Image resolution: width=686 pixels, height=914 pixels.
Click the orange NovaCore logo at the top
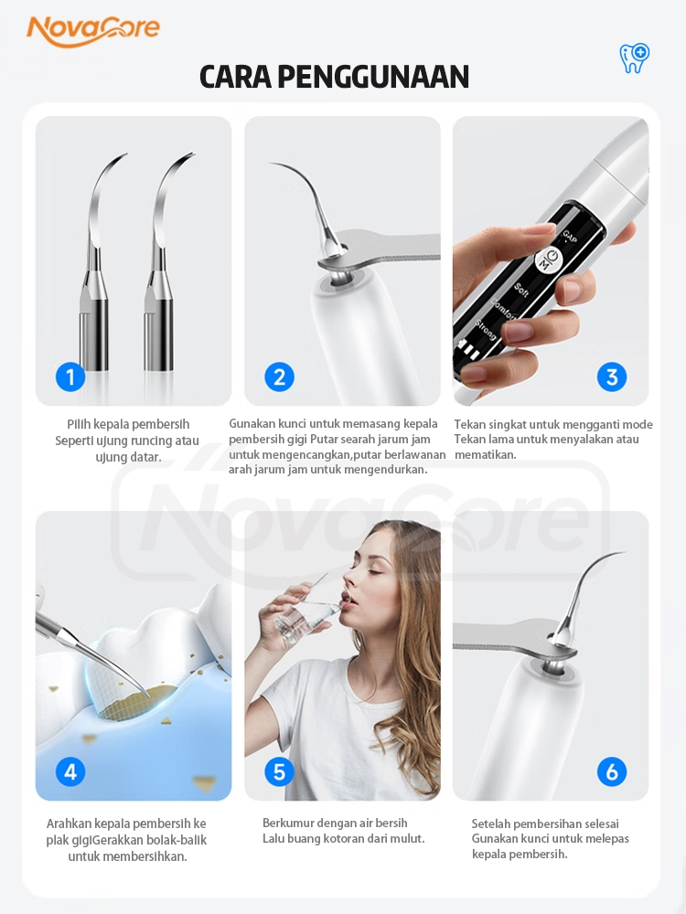(92, 30)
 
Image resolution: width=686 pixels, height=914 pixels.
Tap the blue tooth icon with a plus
(634, 58)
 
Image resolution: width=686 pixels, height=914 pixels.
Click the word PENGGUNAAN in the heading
(373, 77)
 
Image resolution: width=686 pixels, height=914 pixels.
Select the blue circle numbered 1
(70, 377)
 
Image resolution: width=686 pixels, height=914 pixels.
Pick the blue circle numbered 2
(279, 377)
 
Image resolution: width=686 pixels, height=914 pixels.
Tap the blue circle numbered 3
(612, 377)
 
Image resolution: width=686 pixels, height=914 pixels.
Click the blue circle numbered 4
(70, 771)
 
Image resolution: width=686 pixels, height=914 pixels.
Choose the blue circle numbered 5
(279, 771)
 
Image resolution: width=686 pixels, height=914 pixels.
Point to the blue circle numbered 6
(612, 771)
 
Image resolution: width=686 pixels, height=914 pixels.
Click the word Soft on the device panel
(521, 290)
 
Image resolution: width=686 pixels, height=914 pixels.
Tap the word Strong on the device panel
(486, 330)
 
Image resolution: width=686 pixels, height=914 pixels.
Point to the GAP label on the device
(569, 237)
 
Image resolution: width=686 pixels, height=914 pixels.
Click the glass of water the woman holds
(295, 622)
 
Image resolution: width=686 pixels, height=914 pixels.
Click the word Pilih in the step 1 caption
(78, 424)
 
